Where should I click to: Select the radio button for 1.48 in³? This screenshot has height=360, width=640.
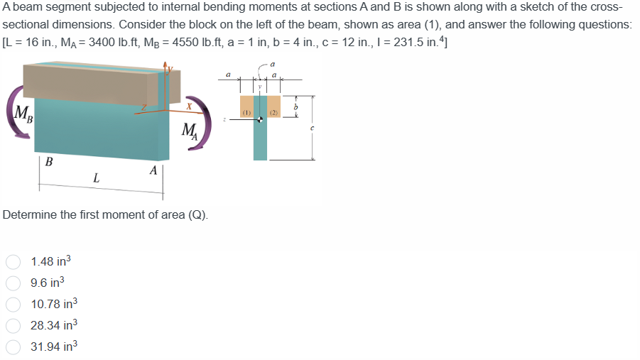click(x=12, y=261)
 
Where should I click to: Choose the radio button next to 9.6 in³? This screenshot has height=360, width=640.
click(x=12, y=283)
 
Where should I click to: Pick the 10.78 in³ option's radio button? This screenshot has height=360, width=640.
click(x=12, y=305)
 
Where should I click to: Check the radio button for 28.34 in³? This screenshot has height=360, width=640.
click(x=12, y=325)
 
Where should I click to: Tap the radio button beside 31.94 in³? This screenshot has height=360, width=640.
click(x=12, y=347)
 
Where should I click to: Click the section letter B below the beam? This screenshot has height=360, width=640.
click(x=48, y=161)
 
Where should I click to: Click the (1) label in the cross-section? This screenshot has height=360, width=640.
click(x=246, y=113)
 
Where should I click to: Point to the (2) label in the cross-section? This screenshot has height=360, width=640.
click(x=274, y=113)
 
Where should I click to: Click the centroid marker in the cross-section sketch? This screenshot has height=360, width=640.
click(x=260, y=119)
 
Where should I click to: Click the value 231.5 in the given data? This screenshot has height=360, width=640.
click(x=419, y=40)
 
